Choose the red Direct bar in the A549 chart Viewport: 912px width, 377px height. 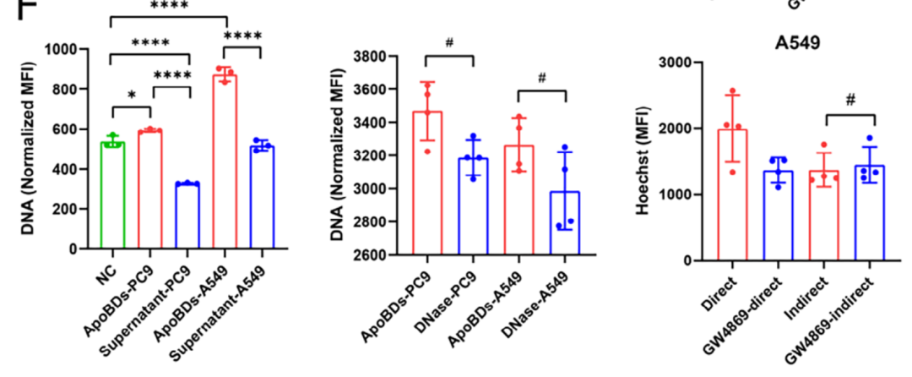735,195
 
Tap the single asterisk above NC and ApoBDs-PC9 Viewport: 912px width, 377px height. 131,96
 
